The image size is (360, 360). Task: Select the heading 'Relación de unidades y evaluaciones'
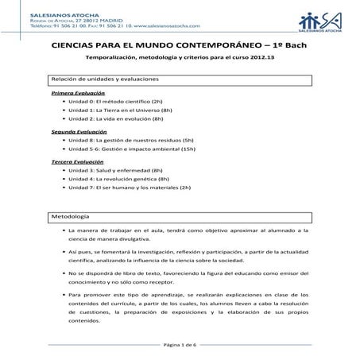[102, 80]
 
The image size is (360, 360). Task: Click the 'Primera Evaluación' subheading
[78, 94]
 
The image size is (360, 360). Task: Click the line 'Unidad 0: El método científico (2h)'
[115, 103]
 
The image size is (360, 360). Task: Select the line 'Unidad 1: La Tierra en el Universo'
[121, 111]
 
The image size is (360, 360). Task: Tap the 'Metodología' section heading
[72, 217]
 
